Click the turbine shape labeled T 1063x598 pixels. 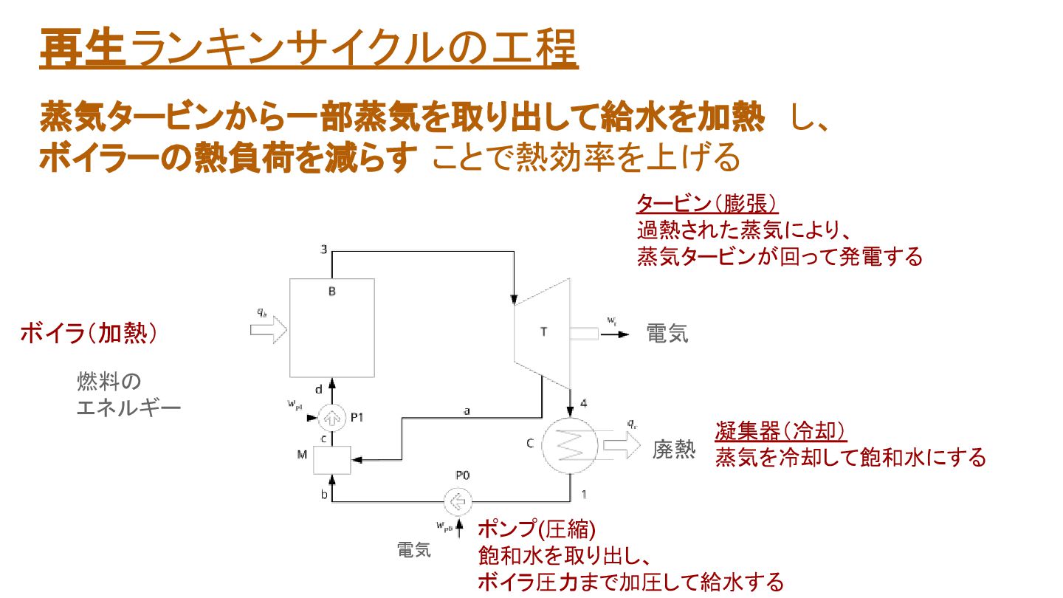(x=543, y=332)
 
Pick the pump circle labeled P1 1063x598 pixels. (x=331, y=419)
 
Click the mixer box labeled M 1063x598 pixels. (x=331, y=459)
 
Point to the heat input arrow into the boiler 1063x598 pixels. (x=267, y=328)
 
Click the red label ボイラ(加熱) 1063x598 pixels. (x=89, y=333)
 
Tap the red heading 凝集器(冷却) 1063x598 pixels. (x=780, y=431)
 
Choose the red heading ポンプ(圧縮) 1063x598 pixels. (x=536, y=529)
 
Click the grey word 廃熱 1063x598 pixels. (x=673, y=450)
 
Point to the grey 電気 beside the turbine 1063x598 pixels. (x=667, y=334)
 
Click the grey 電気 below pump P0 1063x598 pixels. (x=414, y=550)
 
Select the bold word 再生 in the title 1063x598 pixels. (x=82, y=49)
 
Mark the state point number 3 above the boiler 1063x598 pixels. (x=323, y=249)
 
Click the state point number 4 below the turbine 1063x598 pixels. (x=583, y=403)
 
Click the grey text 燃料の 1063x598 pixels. (x=109, y=382)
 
